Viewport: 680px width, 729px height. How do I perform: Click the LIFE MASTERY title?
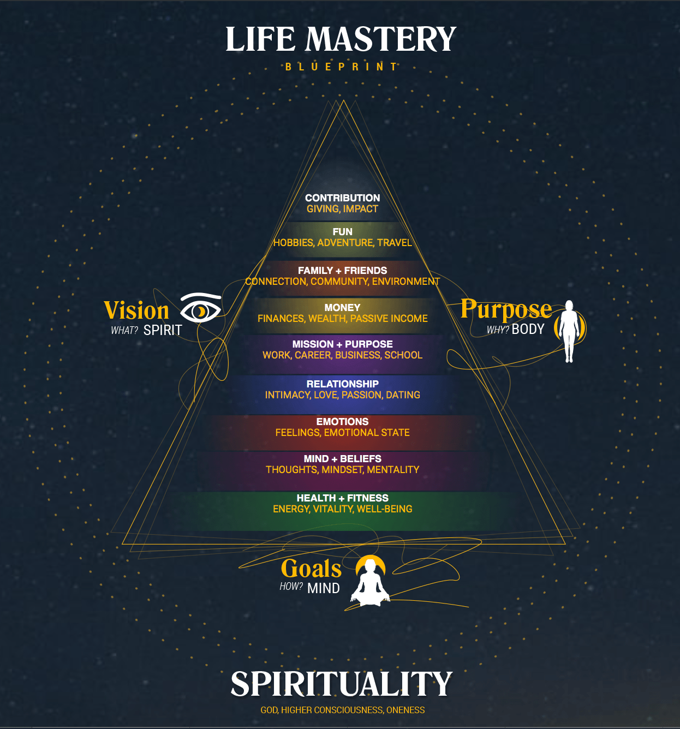(341, 39)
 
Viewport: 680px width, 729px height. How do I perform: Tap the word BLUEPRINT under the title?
(342, 67)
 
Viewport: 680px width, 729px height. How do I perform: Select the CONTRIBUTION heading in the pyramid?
(342, 198)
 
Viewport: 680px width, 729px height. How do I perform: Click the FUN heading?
(342, 232)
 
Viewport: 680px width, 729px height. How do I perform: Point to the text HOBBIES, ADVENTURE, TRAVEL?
(342, 243)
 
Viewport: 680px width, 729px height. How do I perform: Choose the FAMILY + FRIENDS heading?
(342, 271)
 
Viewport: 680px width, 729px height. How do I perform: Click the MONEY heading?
(342, 308)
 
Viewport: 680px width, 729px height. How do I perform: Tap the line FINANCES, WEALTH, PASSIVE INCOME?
(342, 319)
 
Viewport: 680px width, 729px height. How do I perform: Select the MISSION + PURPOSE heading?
(342, 344)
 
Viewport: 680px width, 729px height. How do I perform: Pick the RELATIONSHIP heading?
(342, 384)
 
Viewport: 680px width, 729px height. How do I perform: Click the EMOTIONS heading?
(342, 422)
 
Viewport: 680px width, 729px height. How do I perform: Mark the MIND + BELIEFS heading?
(342, 459)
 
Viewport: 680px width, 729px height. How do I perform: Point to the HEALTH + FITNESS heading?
(342, 498)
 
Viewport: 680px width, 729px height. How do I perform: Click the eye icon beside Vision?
(200, 309)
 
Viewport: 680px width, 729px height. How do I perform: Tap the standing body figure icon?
(569, 330)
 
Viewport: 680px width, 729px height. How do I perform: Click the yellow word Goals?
(311, 569)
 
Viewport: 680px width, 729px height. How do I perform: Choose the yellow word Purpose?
(506, 309)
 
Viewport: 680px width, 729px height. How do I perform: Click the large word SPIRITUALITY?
(342, 684)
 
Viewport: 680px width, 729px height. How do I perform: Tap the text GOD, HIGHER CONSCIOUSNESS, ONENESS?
(342, 710)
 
